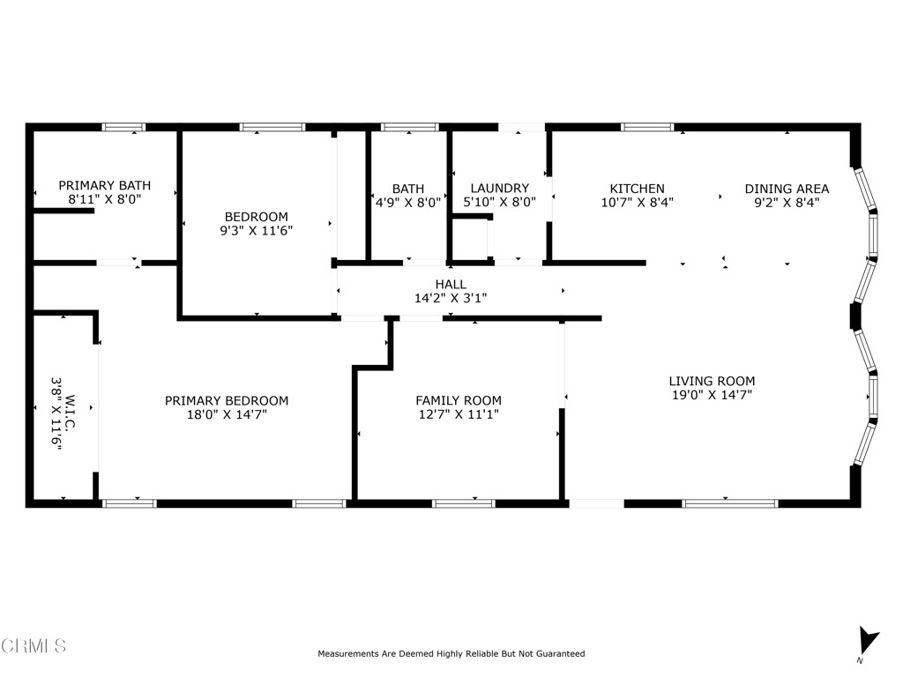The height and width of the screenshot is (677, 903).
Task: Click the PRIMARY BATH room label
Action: (x=104, y=185)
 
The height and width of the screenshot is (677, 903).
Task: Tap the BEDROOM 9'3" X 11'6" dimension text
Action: (x=256, y=231)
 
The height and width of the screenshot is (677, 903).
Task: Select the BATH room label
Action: (x=407, y=189)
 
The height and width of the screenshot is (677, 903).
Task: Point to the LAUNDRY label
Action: (x=499, y=189)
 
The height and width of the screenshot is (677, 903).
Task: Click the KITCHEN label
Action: (x=637, y=189)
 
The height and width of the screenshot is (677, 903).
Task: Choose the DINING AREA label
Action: (x=787, y=189)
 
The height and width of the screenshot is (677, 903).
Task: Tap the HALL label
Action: (x=450, y=284)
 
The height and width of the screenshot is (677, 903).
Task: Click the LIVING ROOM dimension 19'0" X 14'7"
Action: (x=711, y=396)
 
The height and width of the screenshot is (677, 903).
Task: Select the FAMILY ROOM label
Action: (x=458, y=400)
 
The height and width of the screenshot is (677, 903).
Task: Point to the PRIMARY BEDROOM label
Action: (x=227, y=400)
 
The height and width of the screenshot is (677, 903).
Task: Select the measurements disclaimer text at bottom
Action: (x=451, y=654)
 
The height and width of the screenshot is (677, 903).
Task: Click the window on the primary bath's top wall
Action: (x=124, y=127)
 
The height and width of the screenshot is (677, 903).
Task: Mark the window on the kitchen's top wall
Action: (x=647, y=127)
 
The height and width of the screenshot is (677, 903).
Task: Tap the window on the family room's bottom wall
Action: (x=464, y=503)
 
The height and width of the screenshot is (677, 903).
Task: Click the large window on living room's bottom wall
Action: (x=730, y=503)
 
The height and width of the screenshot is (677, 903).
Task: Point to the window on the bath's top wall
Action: (x=409, y=127)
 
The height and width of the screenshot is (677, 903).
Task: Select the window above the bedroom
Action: (x=272, y=127)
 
